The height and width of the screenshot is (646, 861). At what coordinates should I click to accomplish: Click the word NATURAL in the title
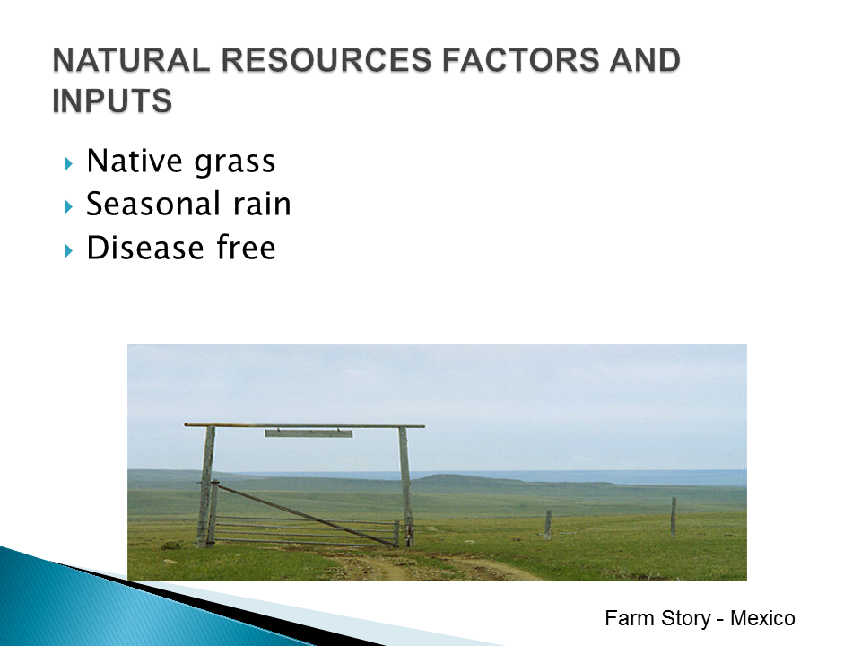tap(131, 60)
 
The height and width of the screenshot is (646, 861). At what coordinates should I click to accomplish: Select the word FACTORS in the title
tap(520, 60)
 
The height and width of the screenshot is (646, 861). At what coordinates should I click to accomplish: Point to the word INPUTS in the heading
tap(113, 100)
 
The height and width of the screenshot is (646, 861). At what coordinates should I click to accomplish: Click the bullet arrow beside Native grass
tap(68, 163)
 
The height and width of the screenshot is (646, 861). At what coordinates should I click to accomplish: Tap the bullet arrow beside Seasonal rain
tap(68, 207)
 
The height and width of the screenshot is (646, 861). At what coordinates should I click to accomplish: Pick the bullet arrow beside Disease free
tap(68, 251)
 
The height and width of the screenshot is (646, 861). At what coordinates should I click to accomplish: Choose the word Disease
tap(145, 248)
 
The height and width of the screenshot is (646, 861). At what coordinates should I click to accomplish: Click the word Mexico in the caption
tap(762, 618)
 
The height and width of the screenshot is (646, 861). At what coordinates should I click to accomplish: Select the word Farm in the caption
tap(630, 618)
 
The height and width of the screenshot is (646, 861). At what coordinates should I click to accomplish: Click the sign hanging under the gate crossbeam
tap(309, 433)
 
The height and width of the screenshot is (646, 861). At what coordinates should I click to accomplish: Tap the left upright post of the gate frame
tap(206, 486)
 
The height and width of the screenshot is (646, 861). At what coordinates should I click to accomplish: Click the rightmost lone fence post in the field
tap(674, 517)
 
